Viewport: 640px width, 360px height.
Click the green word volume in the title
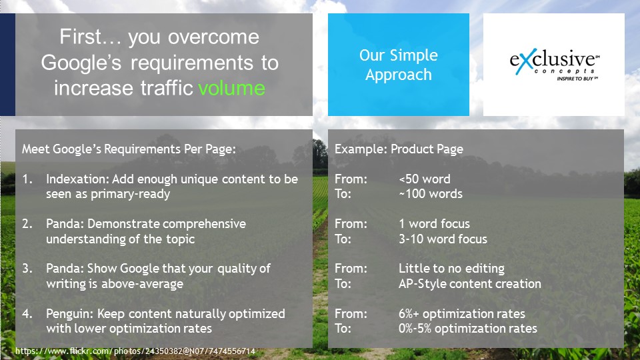pyautogui.click(x=232, y=88)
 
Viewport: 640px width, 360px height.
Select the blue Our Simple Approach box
pyautogui.click(x=399, y=65)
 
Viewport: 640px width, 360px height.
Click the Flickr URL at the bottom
pyautogui.click(x=135, y=351)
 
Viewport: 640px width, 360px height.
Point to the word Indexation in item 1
pyautogui.click(x=77, y=179)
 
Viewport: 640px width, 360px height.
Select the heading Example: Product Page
pyautogui.click(x=399, y=149)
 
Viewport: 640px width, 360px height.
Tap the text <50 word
pyautogui.click(x=425, y=179)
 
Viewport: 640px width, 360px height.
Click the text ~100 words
pyautogui.click(x=431, y=194)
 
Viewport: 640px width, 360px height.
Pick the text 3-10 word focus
pyautogui.click(x=443, y=239)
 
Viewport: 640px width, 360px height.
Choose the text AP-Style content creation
pyautogui.click(x=470, y=284)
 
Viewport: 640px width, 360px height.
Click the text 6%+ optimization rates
pyautogui.click(x=461, y=314)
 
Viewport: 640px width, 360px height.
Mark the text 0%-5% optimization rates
pyautogui.click(x=468, y=329)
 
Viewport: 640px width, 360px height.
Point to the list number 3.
pyautogui.click(x=27, y=268)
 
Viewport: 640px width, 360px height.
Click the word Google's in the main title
pyautogui.click(x=81, y=63)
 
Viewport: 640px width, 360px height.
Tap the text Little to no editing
pyautogui.click(x=451, y=268)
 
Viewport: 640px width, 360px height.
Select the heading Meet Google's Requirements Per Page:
pyautogui.click(x=129, y=149)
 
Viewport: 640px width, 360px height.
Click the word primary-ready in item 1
pyautogui.click(x=130, y=194)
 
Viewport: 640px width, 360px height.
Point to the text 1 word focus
pyautogui.click(x=434, y=224)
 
